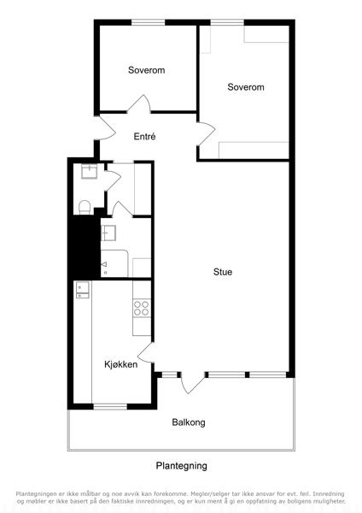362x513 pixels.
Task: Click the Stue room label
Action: click(x=223, y=272)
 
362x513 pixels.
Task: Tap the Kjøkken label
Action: click(x=121, y=364)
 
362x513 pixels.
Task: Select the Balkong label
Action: click(x=189, y=422)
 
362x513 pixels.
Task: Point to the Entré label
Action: click(x=144, y=137)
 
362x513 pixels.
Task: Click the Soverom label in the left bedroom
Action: click(x=146, y=70)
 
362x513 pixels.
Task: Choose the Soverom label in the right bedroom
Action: click(x=246, y=87)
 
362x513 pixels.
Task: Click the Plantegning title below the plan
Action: click(x=181, y=466)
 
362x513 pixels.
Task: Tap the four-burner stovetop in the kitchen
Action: click(x=142, y=308)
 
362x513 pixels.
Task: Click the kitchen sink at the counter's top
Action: click(x=83, y=290)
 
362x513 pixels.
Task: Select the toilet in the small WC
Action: click(x=85, y=208)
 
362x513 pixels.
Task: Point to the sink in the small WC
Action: click(x=89, y=172)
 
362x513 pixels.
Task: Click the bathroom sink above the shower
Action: click(x=108, y=233)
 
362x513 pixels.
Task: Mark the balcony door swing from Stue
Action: click(x=192, y=383)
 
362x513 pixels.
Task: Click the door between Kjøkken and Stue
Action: click(x=146, y=352)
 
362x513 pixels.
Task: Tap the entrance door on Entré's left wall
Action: click(x=105, y=128)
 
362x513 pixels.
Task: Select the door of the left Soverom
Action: click(x=139, y=104)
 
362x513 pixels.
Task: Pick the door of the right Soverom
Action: click(x=206, y=133)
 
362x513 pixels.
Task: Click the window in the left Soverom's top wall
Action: click(x=148, y=22)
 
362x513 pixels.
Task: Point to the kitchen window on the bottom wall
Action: click(x=110, y=407)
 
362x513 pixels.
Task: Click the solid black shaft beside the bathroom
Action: click(x=84, y=247)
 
